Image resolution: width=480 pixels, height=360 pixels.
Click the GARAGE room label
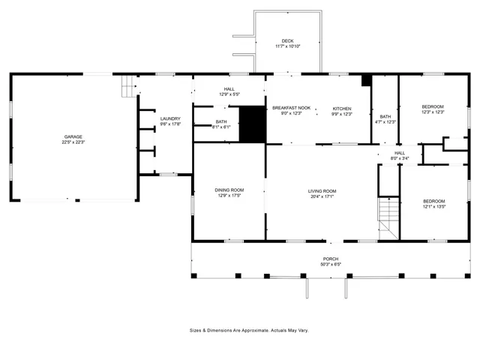coord(73,136)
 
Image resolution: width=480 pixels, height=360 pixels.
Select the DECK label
coord(287,40)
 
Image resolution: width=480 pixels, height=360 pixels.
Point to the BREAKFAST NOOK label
coord(291,108)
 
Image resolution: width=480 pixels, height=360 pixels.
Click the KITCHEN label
coord(342,108)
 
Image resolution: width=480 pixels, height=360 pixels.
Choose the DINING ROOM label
coord(229,190)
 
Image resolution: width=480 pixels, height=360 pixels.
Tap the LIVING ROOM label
coord(322,190)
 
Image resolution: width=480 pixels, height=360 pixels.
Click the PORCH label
coord(331,259)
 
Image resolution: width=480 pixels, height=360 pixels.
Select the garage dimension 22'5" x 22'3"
coord(73,142)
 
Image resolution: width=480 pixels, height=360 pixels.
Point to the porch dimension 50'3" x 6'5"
coord(331,264)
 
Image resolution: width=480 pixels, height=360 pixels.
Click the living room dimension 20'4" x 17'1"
coord(322,196)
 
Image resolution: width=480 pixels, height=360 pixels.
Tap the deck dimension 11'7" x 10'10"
coord(287,46)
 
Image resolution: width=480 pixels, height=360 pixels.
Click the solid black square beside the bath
coord(252,124)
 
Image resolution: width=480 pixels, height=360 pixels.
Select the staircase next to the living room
coord(388,217)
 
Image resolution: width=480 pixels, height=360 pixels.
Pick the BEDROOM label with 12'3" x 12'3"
coord(433,106)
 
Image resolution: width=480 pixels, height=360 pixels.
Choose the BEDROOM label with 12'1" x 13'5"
coord(433,201)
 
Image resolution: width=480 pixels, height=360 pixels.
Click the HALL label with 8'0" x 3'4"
coord(400,153)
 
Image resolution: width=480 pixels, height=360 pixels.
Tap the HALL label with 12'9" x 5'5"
coord(229,89)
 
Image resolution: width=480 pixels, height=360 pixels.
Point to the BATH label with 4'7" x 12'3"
coord(385,116)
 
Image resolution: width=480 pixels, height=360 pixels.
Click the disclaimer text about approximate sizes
coord(249,330)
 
